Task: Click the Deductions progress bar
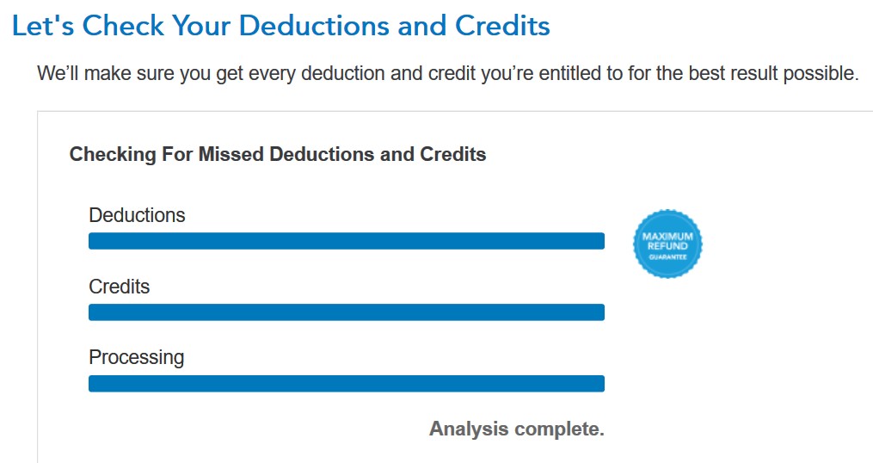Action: coord(347,241)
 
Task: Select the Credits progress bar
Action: coord(347,312)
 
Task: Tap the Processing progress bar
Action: coord(347,383)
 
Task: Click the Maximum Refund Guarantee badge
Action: coord(667,244)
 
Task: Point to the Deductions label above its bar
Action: coord(137,215)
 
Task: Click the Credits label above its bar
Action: coord(120,287)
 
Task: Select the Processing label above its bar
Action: coord(137,358)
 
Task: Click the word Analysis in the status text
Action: coord(469,429)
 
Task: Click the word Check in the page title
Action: coord(123,26)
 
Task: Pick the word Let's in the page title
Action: coord(43,26)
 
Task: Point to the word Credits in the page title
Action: coord(502,26)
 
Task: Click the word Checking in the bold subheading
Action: coord(113,154)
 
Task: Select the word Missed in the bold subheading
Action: coord(231,154)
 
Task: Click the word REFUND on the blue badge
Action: coord(667,246)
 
